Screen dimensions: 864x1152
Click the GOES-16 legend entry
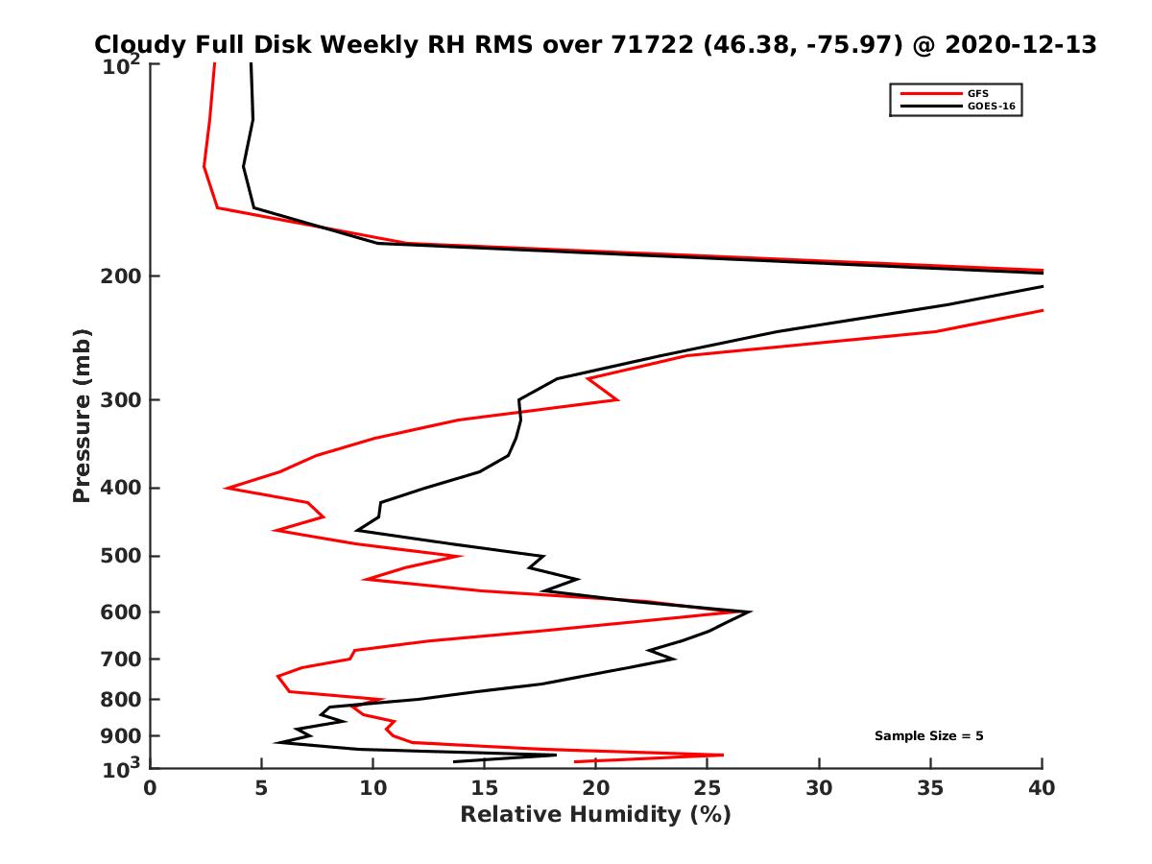tap(994, 106)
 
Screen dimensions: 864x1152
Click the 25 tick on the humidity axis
tap(708, 788)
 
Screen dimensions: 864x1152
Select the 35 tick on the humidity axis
tap(930, 788)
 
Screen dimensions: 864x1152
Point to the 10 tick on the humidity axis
tap(373, 788)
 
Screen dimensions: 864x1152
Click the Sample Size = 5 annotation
tap(928, 736)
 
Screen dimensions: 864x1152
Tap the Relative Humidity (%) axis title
tap(595, 815)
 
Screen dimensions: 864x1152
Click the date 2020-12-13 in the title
tap(1020, 44)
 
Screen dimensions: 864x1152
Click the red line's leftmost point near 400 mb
tap(227, 488)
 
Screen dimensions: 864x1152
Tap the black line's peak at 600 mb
tap(750, 612)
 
